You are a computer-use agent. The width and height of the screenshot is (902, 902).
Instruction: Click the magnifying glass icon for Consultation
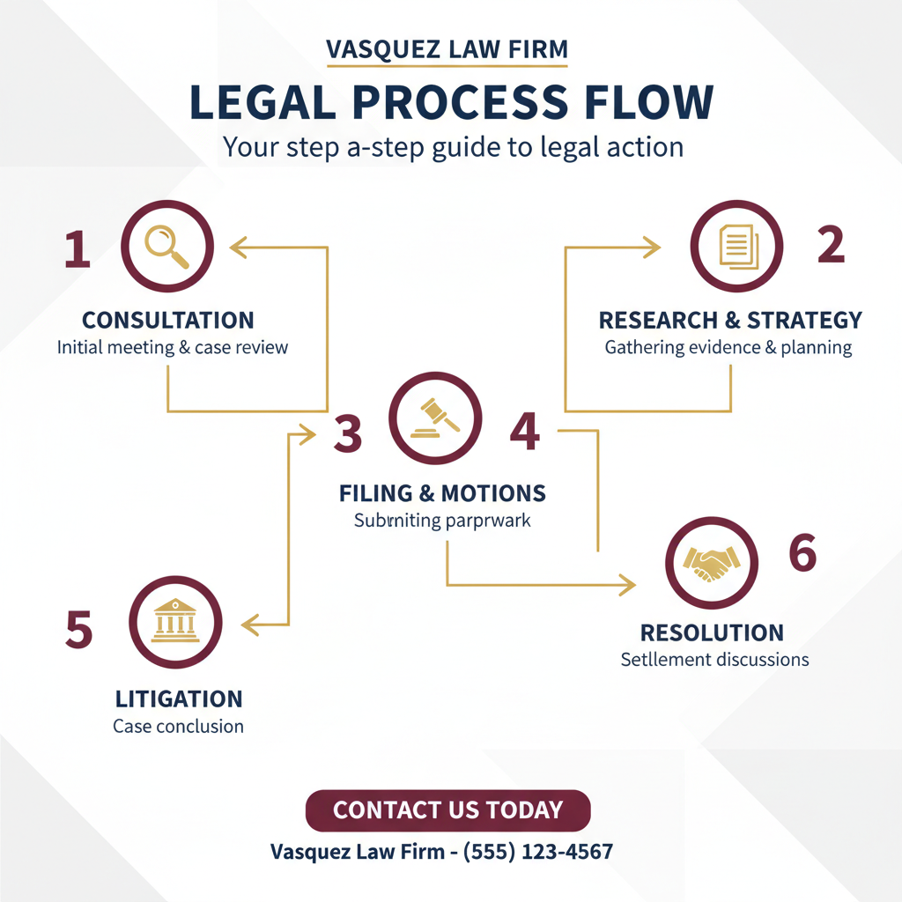click(x=166, y=247)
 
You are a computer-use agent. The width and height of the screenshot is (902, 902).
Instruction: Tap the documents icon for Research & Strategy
click(x=736, y=247)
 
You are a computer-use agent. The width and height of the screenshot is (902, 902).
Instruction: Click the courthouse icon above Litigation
click(x=176, y=624)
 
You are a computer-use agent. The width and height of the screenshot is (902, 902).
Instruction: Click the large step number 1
click(x=77, y=248)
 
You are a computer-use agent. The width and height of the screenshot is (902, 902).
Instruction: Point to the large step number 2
click(x=830, y=246)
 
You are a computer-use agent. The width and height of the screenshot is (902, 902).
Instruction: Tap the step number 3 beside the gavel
click(x=347, y=433)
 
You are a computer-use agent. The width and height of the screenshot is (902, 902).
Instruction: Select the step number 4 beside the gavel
click(x=525, y=432)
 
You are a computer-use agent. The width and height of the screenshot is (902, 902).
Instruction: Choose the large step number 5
click(x=78, y=629)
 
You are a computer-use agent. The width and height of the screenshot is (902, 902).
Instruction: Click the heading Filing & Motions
click(x=442, y=492)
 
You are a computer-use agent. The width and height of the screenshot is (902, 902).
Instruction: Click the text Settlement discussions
click(x=714, y=659)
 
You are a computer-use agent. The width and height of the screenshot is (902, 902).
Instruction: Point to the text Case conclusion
click(x=178, y=727)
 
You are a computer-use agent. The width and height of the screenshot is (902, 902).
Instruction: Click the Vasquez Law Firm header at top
click(x=447, y=50)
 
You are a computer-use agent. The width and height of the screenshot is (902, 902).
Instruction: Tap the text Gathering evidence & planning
click(x=728, y=347)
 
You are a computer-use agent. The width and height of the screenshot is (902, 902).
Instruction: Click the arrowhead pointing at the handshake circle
click(x=628, y=584)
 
